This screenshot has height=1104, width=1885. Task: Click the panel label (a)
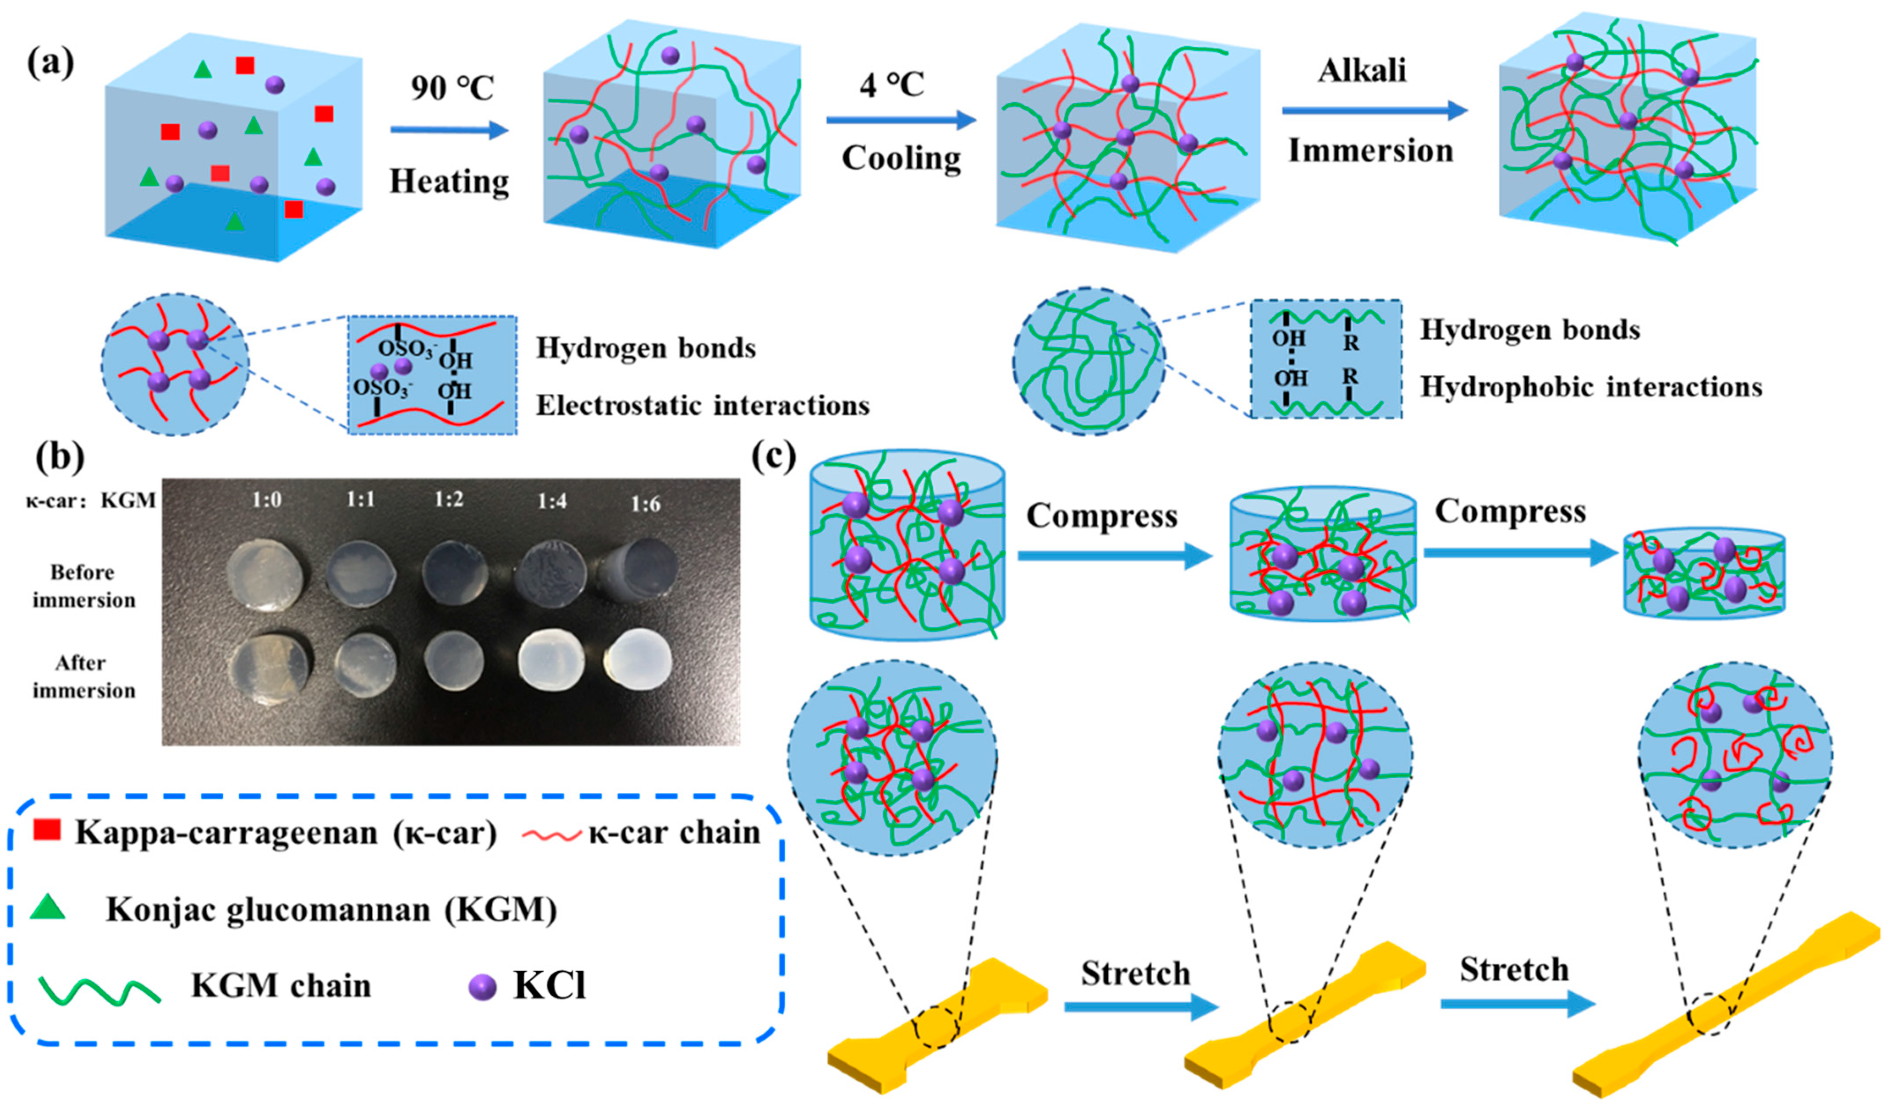click(x=51, y=63)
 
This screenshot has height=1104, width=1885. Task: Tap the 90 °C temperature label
click(x=452, y=88)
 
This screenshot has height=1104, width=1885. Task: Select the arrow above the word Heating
click(x=449, y=130)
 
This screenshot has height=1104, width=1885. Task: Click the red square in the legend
click(x=47, y=829)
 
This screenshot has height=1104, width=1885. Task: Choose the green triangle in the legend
click(x=48, y=907)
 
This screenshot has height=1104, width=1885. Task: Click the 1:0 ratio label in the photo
click(x=266, y=499)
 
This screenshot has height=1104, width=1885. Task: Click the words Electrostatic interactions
click(x=703, y=405)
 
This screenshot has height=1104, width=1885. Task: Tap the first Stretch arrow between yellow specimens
click(x=1141, y=1007)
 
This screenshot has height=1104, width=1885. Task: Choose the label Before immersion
click(x=83, y=586)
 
